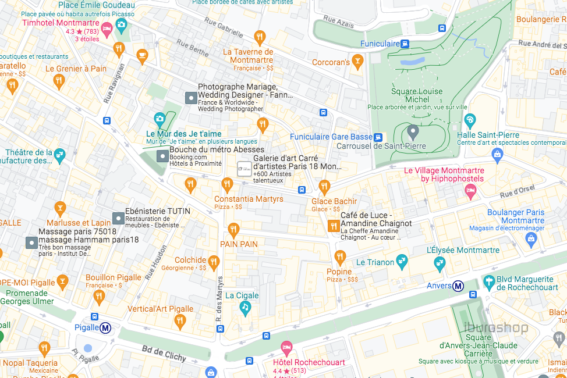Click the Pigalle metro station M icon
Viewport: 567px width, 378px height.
coord(106,328)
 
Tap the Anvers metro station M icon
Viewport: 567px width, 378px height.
coord(459,286)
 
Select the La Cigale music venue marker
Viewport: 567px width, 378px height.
coord(245,308)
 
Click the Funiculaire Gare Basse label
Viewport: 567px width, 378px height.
coord(331,137)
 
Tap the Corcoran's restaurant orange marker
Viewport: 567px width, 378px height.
coord(357,60)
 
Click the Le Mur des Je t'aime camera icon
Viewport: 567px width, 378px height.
coord(160,119)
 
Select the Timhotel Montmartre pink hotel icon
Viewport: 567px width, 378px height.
coord(107,28)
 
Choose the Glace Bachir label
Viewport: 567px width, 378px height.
coord(334,201)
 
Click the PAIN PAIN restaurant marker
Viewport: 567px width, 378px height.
coord(233,230)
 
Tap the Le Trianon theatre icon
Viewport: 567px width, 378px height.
coord(402,261)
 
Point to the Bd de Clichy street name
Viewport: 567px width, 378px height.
coord(164,353)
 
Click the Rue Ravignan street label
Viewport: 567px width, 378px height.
coord(114,83)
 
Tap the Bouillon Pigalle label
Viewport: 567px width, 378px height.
coord(114,277)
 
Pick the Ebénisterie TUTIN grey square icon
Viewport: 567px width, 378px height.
coord(118,219)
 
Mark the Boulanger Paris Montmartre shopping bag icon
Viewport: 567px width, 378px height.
coord(530,238)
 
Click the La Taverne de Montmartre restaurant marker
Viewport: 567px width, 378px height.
coord(260,38)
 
